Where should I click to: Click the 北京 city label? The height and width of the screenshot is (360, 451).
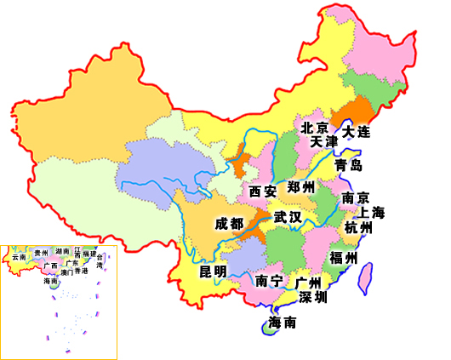pos(315,127)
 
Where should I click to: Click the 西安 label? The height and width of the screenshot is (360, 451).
pos(262,191)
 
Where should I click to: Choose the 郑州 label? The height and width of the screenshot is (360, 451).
pos(301,187)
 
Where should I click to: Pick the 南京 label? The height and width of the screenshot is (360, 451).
pos(355,197)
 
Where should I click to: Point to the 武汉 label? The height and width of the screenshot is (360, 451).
pos(288,217)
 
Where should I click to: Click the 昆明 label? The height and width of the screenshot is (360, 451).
pos(213,271)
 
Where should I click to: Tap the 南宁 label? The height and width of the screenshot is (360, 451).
pos(269,281)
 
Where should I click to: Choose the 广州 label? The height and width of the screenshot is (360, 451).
pos(309,282)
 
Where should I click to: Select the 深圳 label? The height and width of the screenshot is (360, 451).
pos(312,298)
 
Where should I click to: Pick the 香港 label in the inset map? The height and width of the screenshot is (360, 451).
pos(80,272)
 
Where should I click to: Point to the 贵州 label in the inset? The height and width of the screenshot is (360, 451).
pos(41,253)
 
